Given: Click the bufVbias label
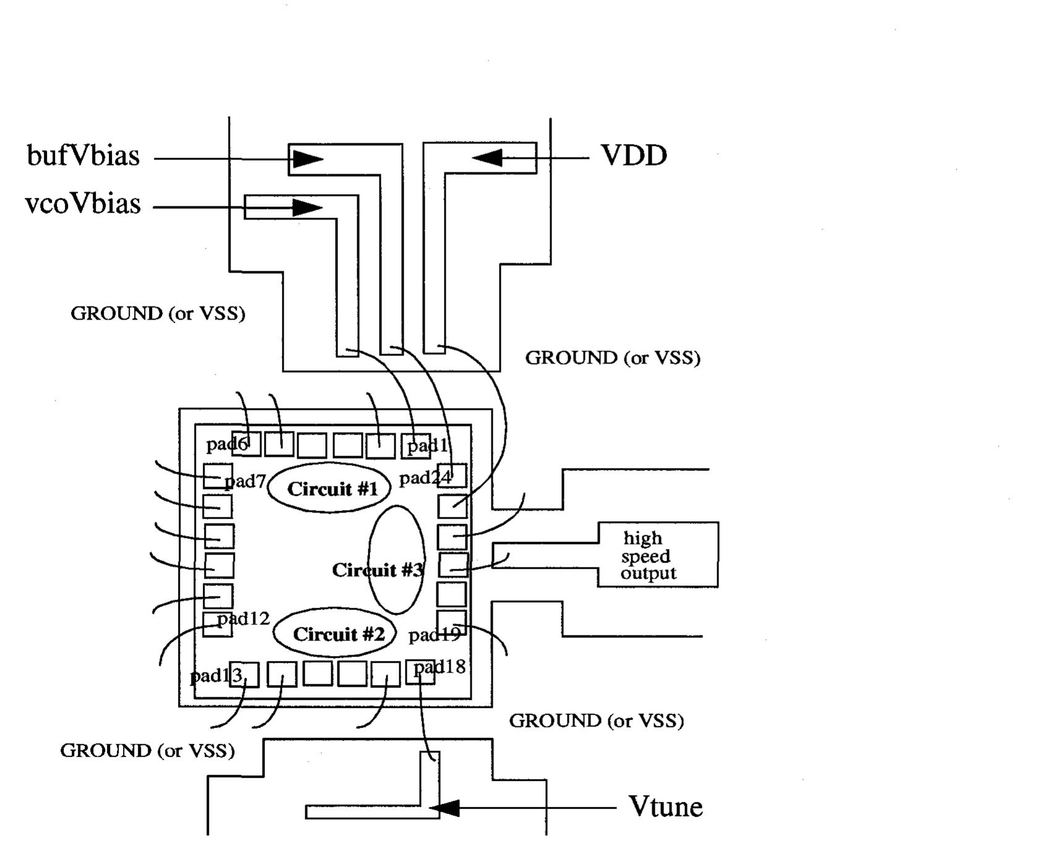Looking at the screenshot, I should [x=83, y=156].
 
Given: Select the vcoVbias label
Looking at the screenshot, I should [x=83, y=204].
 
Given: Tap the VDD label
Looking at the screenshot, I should [x=634, y=156].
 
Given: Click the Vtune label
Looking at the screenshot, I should [x=665, y=807].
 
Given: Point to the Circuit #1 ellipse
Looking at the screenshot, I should [x=332, y=488].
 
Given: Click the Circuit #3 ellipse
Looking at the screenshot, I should [x=397, y=559].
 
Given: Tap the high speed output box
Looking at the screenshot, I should [x=657, y=555].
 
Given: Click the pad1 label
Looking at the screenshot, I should [x=427, y=445].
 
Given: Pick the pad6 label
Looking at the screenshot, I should [x=226, y=444].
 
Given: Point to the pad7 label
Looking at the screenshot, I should [x=245, y=481].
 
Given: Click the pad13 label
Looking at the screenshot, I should [x=215, y=676].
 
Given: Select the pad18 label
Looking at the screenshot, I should [x=439, y=666].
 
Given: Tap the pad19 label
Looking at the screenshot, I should [x=435, y=635].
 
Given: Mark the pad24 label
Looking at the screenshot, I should [x=425, y=478].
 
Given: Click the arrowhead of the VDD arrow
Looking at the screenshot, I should [x=487, y=158].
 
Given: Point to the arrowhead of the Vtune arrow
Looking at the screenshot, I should [x=445, y=807].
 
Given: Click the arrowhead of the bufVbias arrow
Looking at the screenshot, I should [x=307, y=159].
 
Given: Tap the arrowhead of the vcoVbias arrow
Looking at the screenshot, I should [x=307, y=207].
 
